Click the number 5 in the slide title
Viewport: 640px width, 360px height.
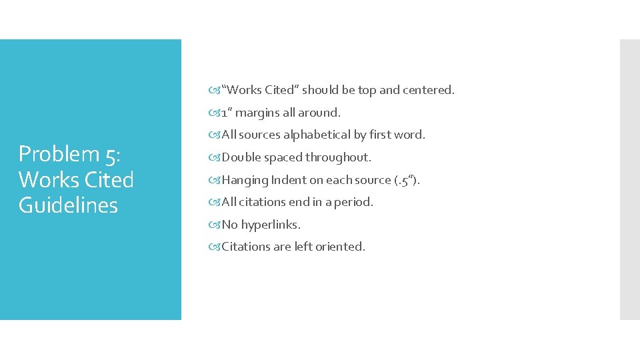110,155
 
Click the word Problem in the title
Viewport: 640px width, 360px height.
59,154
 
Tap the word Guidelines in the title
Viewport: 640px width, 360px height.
68,205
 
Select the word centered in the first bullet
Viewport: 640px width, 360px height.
429,89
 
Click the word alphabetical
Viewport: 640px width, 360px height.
317,135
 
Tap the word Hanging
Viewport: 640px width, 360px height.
245,180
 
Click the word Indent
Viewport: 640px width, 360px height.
288,180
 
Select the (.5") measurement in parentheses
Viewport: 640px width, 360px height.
406,180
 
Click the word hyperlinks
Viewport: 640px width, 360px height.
271,225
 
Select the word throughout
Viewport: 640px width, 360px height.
338,157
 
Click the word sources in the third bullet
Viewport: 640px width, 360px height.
260,135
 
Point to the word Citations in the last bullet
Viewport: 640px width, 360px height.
245,247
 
